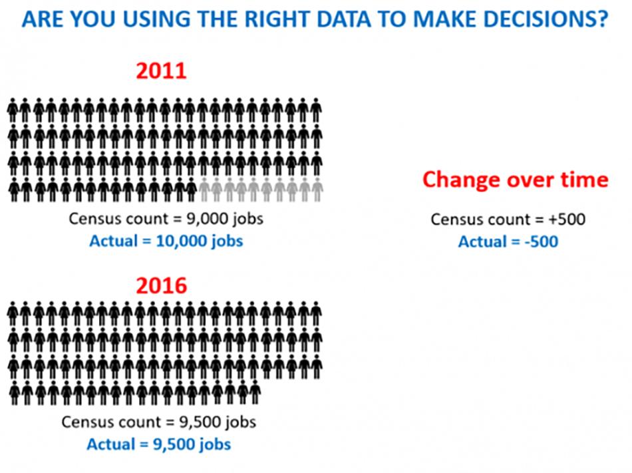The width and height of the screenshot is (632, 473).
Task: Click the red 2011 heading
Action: pos(161,71)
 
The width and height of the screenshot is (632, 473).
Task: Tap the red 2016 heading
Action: pos(161,285)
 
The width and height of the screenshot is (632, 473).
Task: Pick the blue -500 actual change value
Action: pos(542,241)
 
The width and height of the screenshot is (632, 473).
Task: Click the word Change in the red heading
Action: pos(461,180)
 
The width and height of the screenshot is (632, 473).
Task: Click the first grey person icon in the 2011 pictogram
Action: pos(204,190)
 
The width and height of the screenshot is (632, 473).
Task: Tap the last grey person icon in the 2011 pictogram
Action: pos(317,190)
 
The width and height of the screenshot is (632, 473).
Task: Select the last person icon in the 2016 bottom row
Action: pos(255,393)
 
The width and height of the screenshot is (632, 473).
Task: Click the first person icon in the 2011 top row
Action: pos(13,110)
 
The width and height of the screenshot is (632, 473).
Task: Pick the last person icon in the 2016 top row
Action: pos(317,313)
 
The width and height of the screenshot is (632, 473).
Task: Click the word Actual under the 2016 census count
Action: pos(111,444)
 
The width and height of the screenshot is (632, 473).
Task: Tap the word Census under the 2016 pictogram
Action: pos(86,422)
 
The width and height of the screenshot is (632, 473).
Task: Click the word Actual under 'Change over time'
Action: pos(482,241)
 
